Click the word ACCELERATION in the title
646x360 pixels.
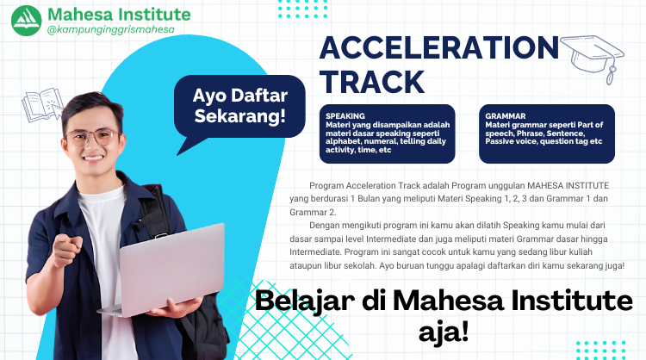(x=438, y=48)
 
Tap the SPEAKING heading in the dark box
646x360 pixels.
(x=345, y=115)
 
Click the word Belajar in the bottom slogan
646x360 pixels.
(x=310, y=301)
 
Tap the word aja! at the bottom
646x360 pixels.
(x=436, y=331)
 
